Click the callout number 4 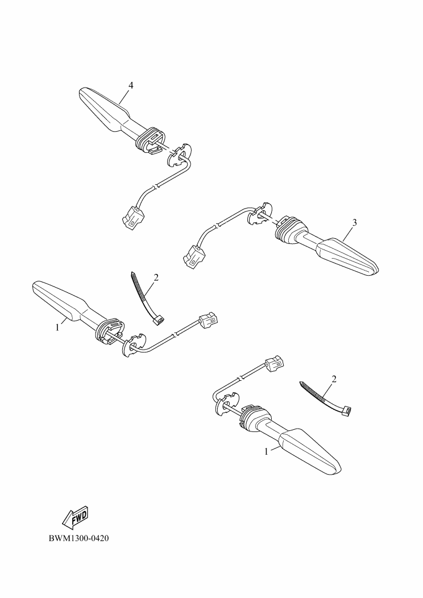click(131, 85)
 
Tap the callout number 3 click(354, 222)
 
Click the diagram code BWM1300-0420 click(78, 538)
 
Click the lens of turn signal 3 click(346, 256)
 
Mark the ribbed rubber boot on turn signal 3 click(291, 230)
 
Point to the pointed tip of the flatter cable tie click(301, 383)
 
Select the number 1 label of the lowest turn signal click(267, 451)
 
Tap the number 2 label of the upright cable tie click(156, 277)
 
